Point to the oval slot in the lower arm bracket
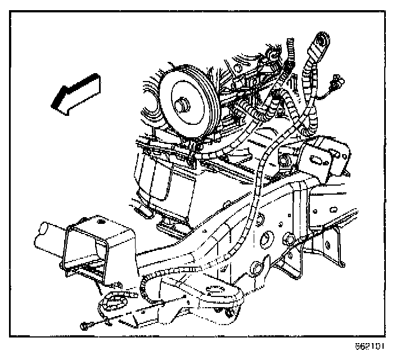(x=214, y=291)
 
